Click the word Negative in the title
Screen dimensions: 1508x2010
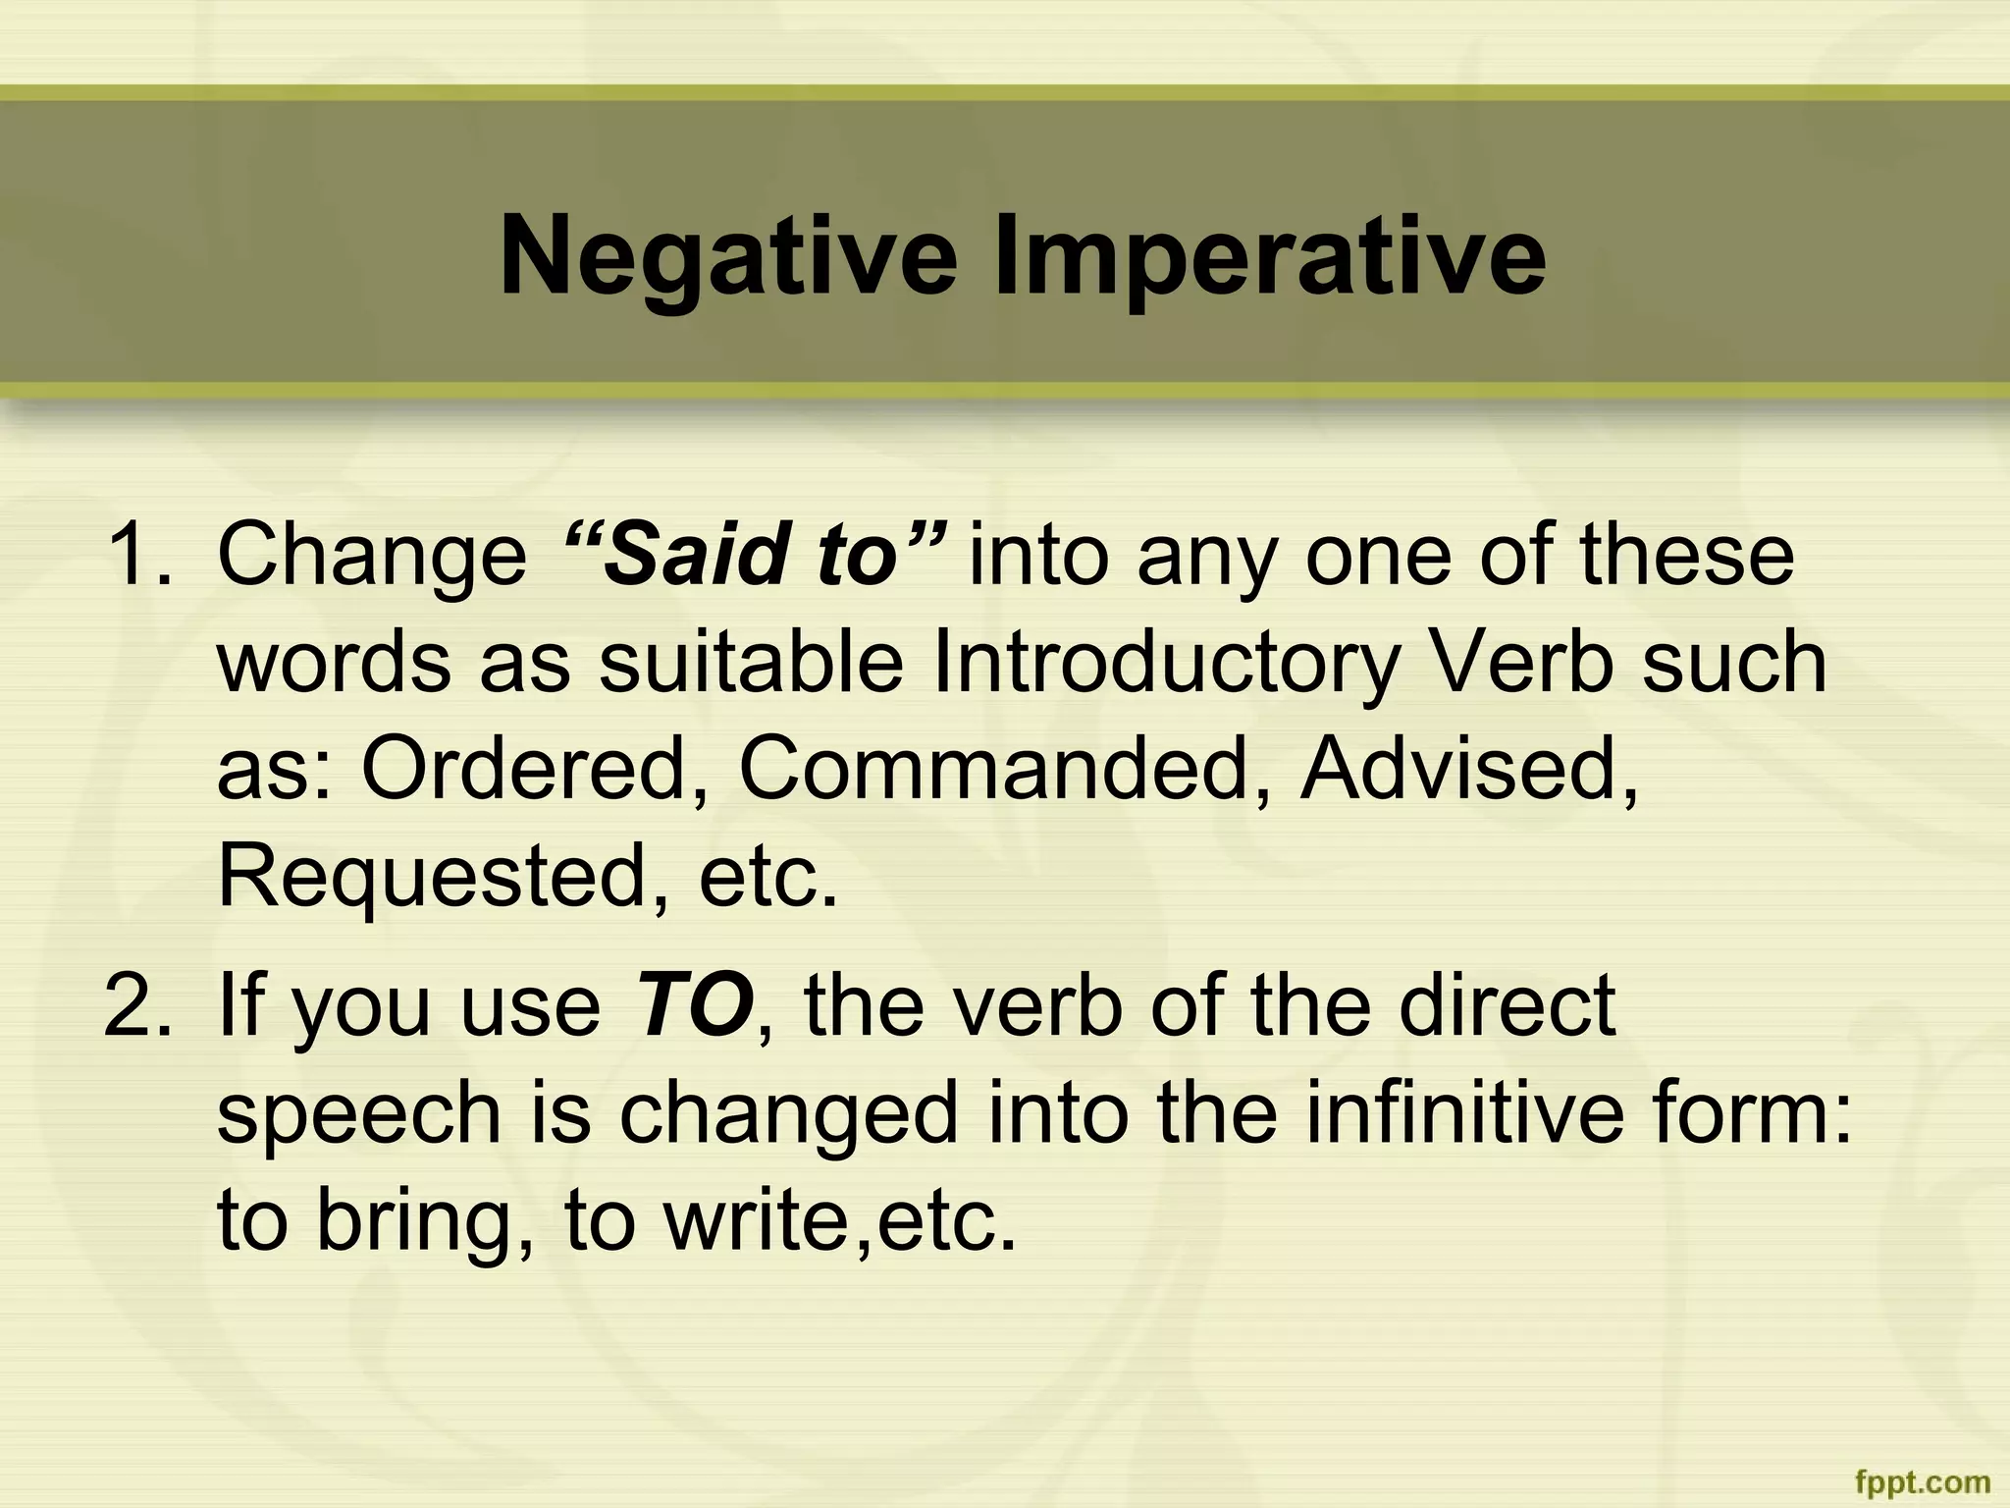(x=727, y=258)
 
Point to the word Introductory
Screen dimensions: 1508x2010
(x=1165, y=663)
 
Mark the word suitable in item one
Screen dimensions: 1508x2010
(x=751, y=663)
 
